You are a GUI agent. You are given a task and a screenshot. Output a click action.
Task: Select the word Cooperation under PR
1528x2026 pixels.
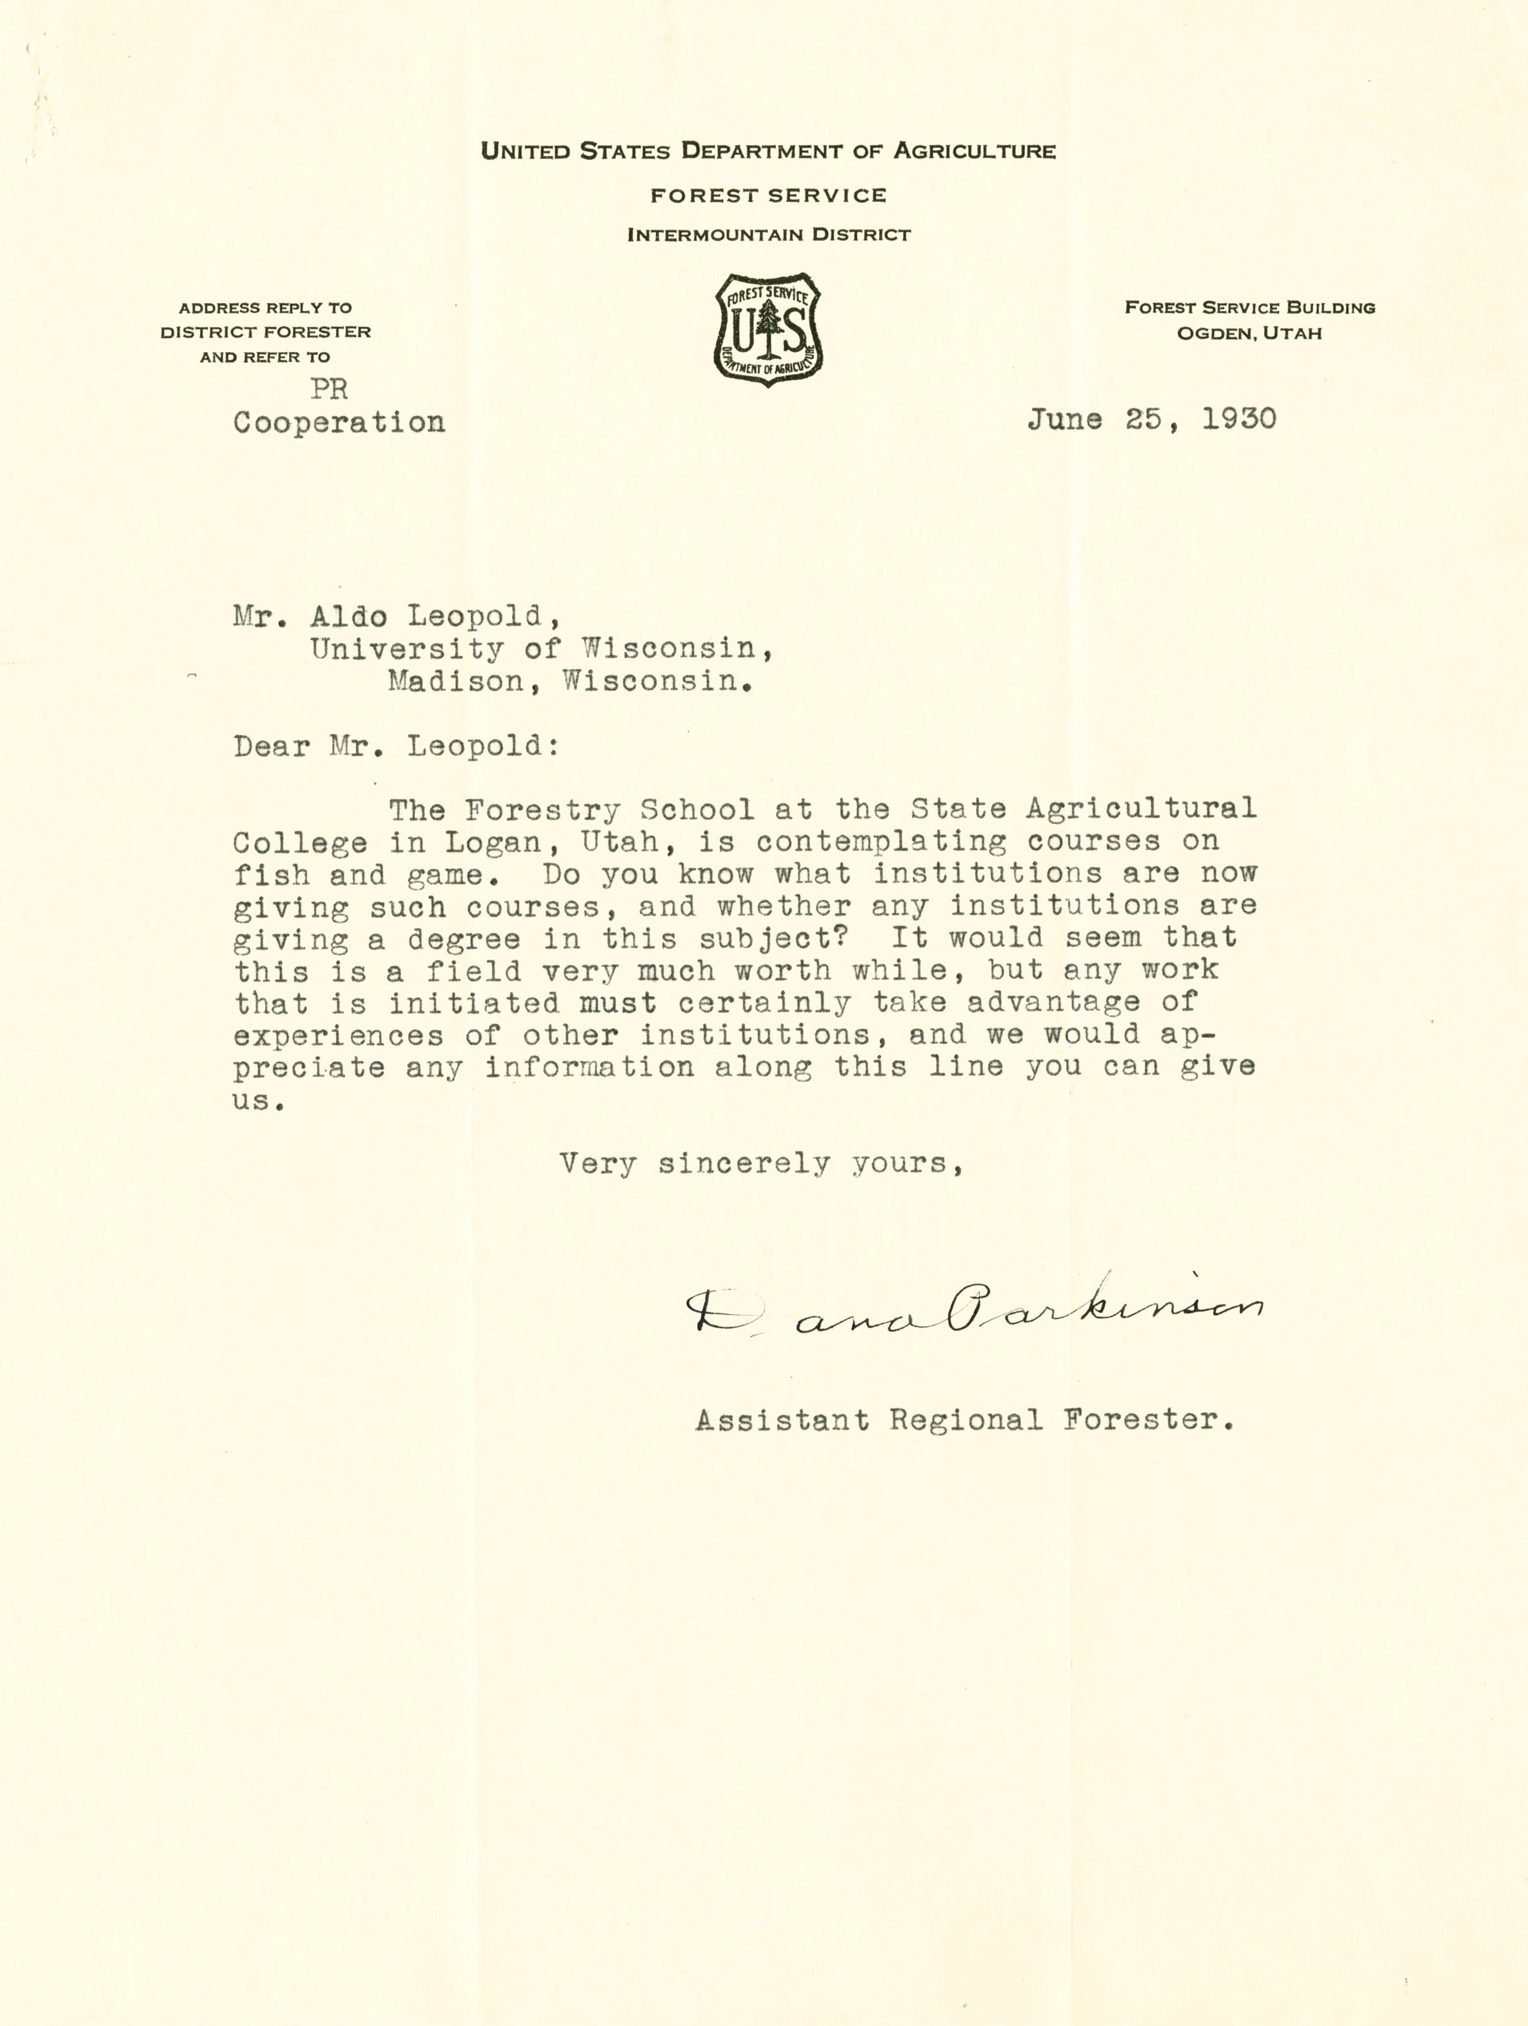pos(339,422)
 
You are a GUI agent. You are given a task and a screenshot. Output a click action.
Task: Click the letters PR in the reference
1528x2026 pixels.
pos(329,389)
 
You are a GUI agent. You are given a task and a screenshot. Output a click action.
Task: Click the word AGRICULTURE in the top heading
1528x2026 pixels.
pos(974,151)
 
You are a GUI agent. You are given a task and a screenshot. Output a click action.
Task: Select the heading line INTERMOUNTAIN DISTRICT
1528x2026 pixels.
pos(769,235)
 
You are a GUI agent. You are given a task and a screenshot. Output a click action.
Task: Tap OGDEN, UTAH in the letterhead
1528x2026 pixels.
pos(1249,333)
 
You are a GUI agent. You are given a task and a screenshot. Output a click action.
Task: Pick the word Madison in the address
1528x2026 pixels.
pos(454,681)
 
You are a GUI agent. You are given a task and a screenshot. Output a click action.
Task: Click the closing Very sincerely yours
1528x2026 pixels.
pos(760,1164)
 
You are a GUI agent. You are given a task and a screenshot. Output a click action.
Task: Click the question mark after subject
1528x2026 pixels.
pos(851,937)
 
